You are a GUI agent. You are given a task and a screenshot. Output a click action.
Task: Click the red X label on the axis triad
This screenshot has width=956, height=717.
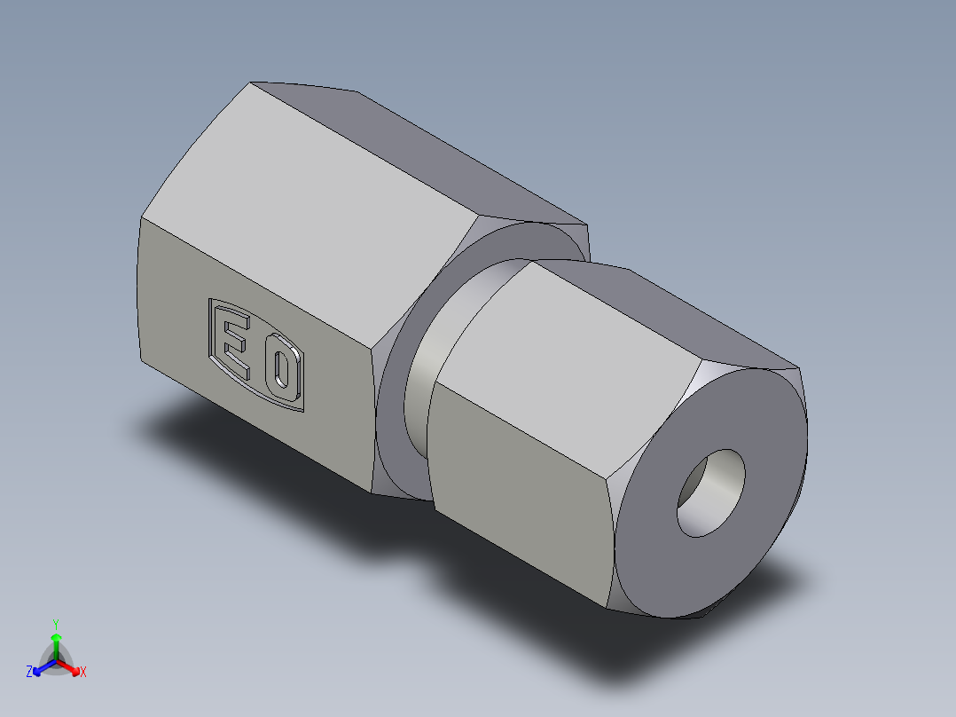pos(82,673)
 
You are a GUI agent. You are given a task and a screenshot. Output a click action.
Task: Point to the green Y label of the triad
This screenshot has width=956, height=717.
pos(56,623)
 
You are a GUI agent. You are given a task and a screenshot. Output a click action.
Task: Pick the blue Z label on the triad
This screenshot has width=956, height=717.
pos(29,673)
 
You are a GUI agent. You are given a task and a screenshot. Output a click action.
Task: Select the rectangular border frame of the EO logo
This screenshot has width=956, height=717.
pos(210,328)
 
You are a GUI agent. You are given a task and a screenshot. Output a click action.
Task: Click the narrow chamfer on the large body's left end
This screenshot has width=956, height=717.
pos(139,293)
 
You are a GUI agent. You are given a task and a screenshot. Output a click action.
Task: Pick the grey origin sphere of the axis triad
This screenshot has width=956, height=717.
pos(56,661)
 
